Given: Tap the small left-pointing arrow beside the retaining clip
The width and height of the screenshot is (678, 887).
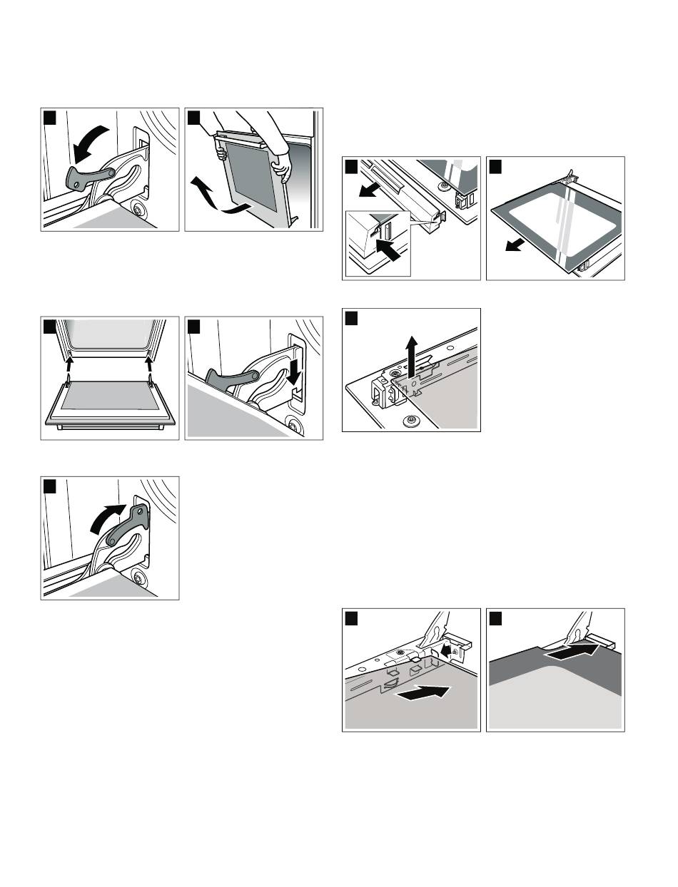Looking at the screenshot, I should [445, 650].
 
